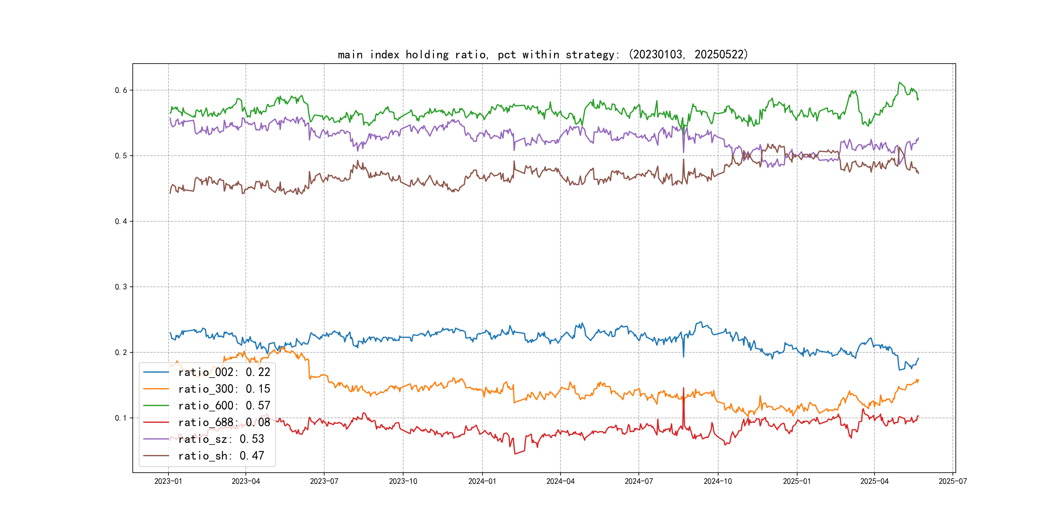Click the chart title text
[542, 54]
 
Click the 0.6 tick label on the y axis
[121, 90]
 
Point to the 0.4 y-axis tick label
[121, 221]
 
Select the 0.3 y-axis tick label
[121, 287]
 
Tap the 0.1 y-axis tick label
[121, 418]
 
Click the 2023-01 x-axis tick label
[168, 481]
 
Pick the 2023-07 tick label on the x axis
[324, 481]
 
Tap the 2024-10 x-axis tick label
[718, 481]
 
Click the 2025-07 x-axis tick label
[953, 481]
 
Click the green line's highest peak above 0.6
[899, 83]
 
